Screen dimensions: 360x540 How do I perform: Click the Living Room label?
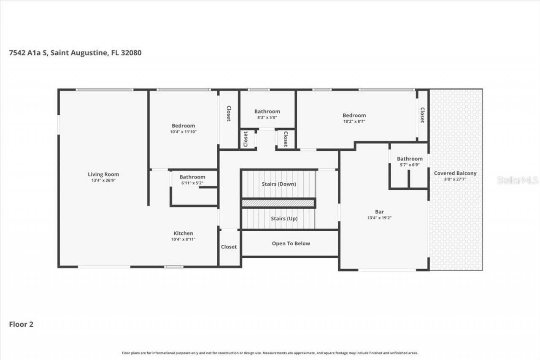(103, 174)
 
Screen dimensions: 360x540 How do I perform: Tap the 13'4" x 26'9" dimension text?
(103, 180)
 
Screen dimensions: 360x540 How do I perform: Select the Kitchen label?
(184, 233)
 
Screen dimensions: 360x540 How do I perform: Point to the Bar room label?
(380, 212)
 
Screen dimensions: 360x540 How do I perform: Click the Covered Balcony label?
(455, 173)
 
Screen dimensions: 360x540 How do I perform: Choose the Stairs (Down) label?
(279, 184)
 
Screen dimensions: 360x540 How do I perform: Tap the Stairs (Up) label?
(284, 219)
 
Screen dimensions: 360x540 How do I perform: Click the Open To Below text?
(291, 244)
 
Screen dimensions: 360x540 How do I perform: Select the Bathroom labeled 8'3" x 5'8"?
(267, 111)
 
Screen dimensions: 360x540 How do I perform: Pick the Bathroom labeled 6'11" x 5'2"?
(192, 177)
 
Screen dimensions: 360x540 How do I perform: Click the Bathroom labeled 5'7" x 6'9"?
(409, 159)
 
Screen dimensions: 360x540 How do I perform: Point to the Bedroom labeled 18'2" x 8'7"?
(354, 115)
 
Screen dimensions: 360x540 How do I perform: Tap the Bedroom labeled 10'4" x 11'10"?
(183, 126)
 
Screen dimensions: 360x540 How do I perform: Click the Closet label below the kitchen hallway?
(229, 247)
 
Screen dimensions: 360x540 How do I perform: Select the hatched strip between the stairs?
(278, 203)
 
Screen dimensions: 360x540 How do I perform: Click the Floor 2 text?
(21, 325)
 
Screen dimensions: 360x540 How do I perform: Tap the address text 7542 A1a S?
(28, 53)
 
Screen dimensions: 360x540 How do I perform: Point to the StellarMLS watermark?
(517, 180)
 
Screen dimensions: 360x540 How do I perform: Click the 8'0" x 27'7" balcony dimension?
(455, 179)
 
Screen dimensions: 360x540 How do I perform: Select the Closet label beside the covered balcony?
(422, 114)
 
